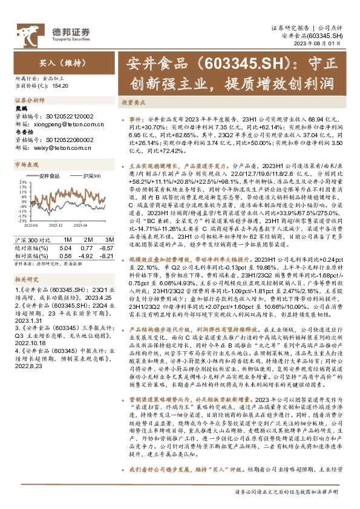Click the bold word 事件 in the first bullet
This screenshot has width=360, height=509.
pos(136,120)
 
